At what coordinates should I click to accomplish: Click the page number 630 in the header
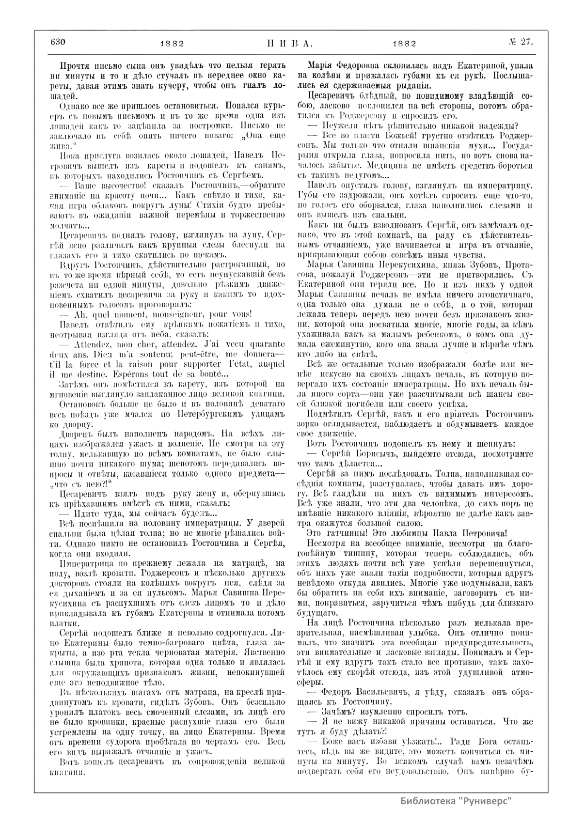57,42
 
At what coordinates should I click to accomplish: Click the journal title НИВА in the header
290,43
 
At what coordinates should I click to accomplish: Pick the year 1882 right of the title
404,44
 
